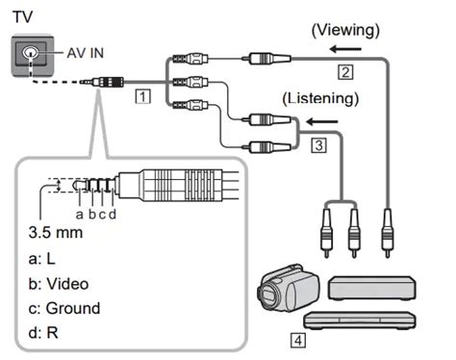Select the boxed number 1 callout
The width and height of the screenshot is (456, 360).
(x=143, y=97)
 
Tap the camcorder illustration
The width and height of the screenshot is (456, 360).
(x=285, y=290)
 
